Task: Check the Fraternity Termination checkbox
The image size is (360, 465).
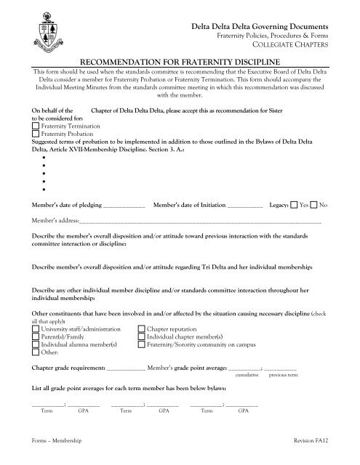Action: pyautogui.click(x=36, y=127)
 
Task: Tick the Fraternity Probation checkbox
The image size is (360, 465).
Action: pyautogui.click(x=36, y=135)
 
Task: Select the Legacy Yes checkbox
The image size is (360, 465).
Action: pyautogui.click(x=294, y=206)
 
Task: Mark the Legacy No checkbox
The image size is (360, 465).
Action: pyautogui.click(x=314, y=206)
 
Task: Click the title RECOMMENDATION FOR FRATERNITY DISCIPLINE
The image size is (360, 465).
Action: pyautogui.click(x=180, y=65)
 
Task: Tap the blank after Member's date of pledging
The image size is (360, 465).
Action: pyautogui.click(x=124, y=207)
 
